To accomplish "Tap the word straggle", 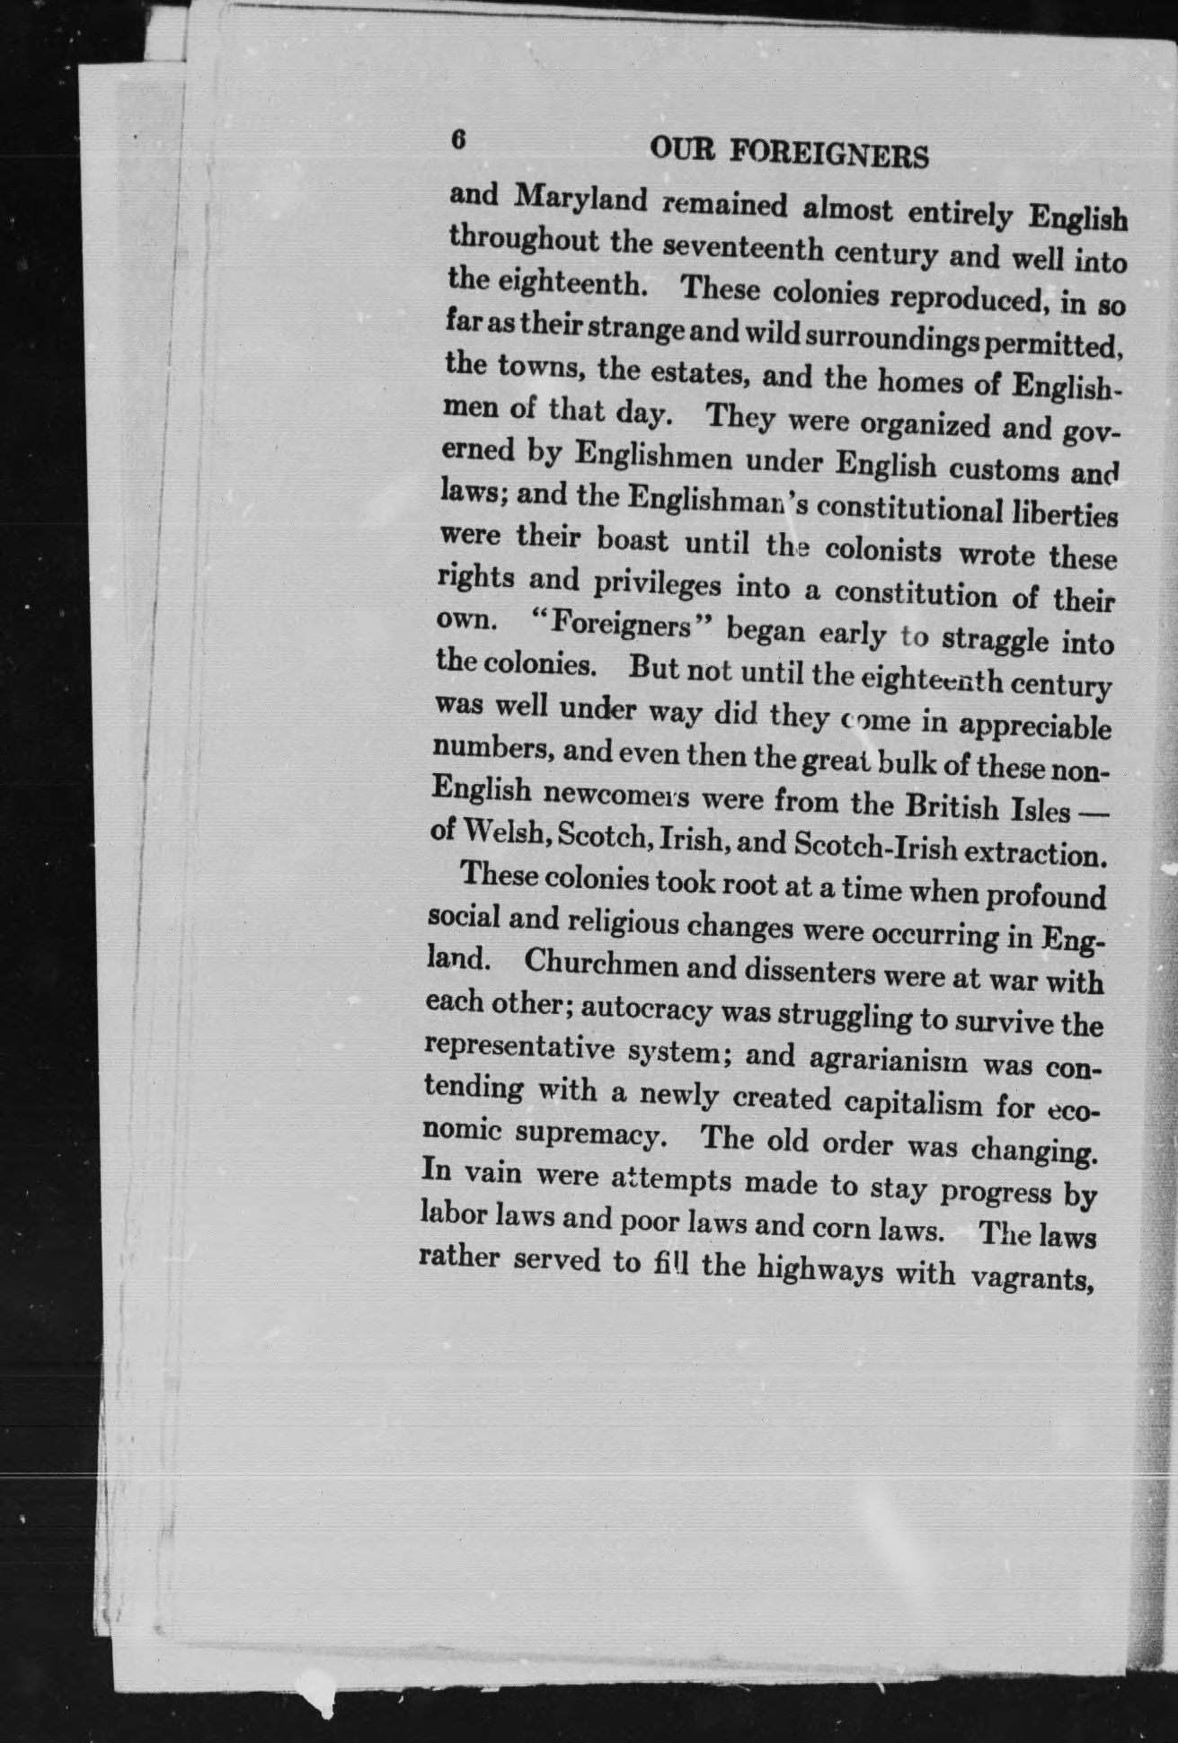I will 995,639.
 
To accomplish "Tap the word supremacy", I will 590,1135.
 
